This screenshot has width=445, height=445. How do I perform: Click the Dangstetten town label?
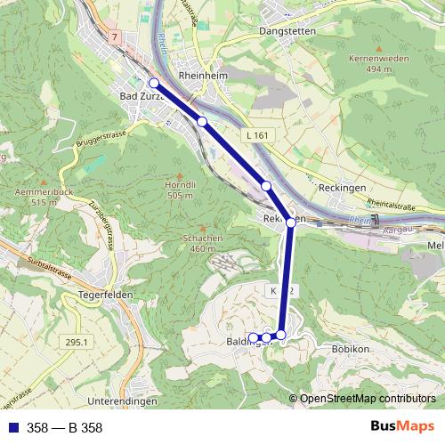280,30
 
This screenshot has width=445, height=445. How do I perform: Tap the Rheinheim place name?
201,77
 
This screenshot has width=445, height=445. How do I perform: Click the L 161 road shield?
255,135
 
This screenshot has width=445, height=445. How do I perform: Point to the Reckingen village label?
342,190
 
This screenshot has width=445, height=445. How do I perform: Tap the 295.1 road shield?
77,341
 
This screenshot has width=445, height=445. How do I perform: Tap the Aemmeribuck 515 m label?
43,197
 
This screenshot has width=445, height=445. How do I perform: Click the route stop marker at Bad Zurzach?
153,83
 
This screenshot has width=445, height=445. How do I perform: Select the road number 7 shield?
115,36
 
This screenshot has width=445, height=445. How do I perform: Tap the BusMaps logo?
402,427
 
